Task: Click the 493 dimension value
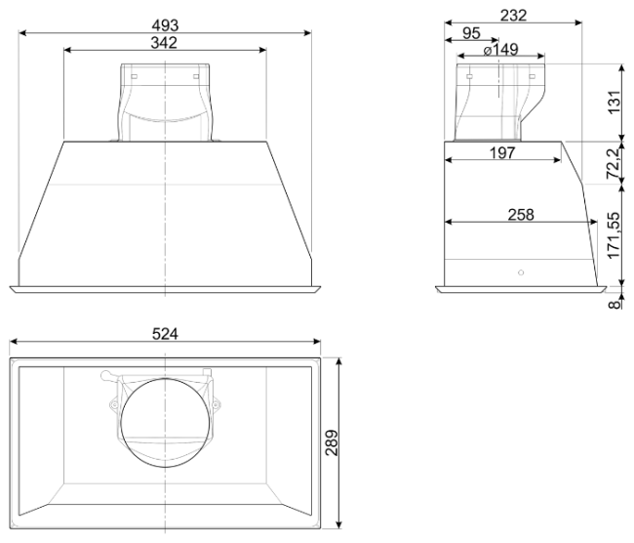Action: (x=165, y=25)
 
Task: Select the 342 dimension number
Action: (x=164, y=43)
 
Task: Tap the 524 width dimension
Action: (x=165, y=334)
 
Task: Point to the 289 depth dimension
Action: (x=332, y=442)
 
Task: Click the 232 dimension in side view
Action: (x=513, y=16)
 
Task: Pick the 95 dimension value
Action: (x=471, y=33)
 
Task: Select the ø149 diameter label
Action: (x=500, y=50)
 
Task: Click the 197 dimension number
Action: (x=502, y=153)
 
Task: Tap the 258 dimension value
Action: (x=521, y=215)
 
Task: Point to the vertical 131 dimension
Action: (x=614, y=103)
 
